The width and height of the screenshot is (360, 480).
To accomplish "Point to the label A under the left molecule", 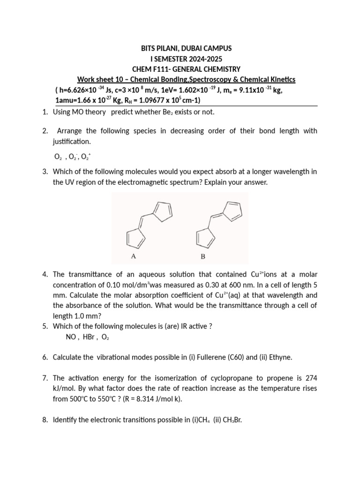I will click(x=134, y=256).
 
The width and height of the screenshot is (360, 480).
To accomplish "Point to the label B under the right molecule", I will click(x=203, y=256).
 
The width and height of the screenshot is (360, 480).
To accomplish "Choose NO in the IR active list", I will click(x=71, y=337).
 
